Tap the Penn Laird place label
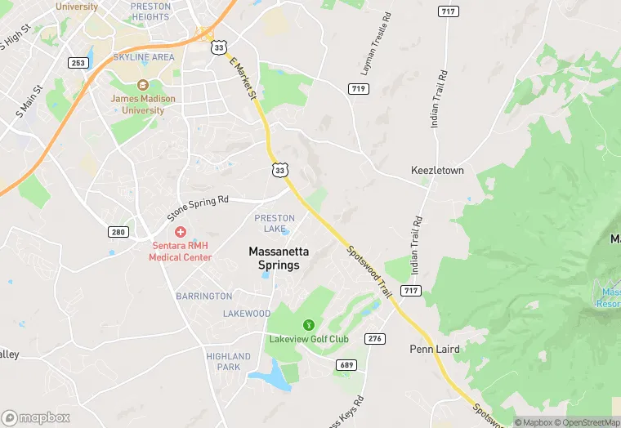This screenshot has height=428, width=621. (x=435, y=349)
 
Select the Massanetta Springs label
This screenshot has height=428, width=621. (x=275, y=259)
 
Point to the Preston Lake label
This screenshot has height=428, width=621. (x=275, y=223)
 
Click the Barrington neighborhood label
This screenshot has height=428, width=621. (x=204, y=296)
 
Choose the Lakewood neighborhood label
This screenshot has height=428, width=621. (x=247, y=314)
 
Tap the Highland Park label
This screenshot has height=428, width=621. (x=229, y=362)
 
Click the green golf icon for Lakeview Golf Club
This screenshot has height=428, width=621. (x=309, y=324)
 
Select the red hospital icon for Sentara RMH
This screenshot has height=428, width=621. (x=181, y=233)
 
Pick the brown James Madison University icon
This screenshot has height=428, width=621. (x=143, y=85)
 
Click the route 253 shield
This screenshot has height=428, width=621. (x=78, y=63)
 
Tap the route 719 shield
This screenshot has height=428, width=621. (x=357, y=88)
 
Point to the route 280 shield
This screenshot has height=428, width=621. (x=118, y=232)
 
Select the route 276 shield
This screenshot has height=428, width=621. (x=375, y=338)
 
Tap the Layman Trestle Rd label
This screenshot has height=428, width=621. (x=376, y=41)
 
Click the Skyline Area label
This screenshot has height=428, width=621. (x=144, y=57)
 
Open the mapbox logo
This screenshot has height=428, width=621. (x=35, y=417)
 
